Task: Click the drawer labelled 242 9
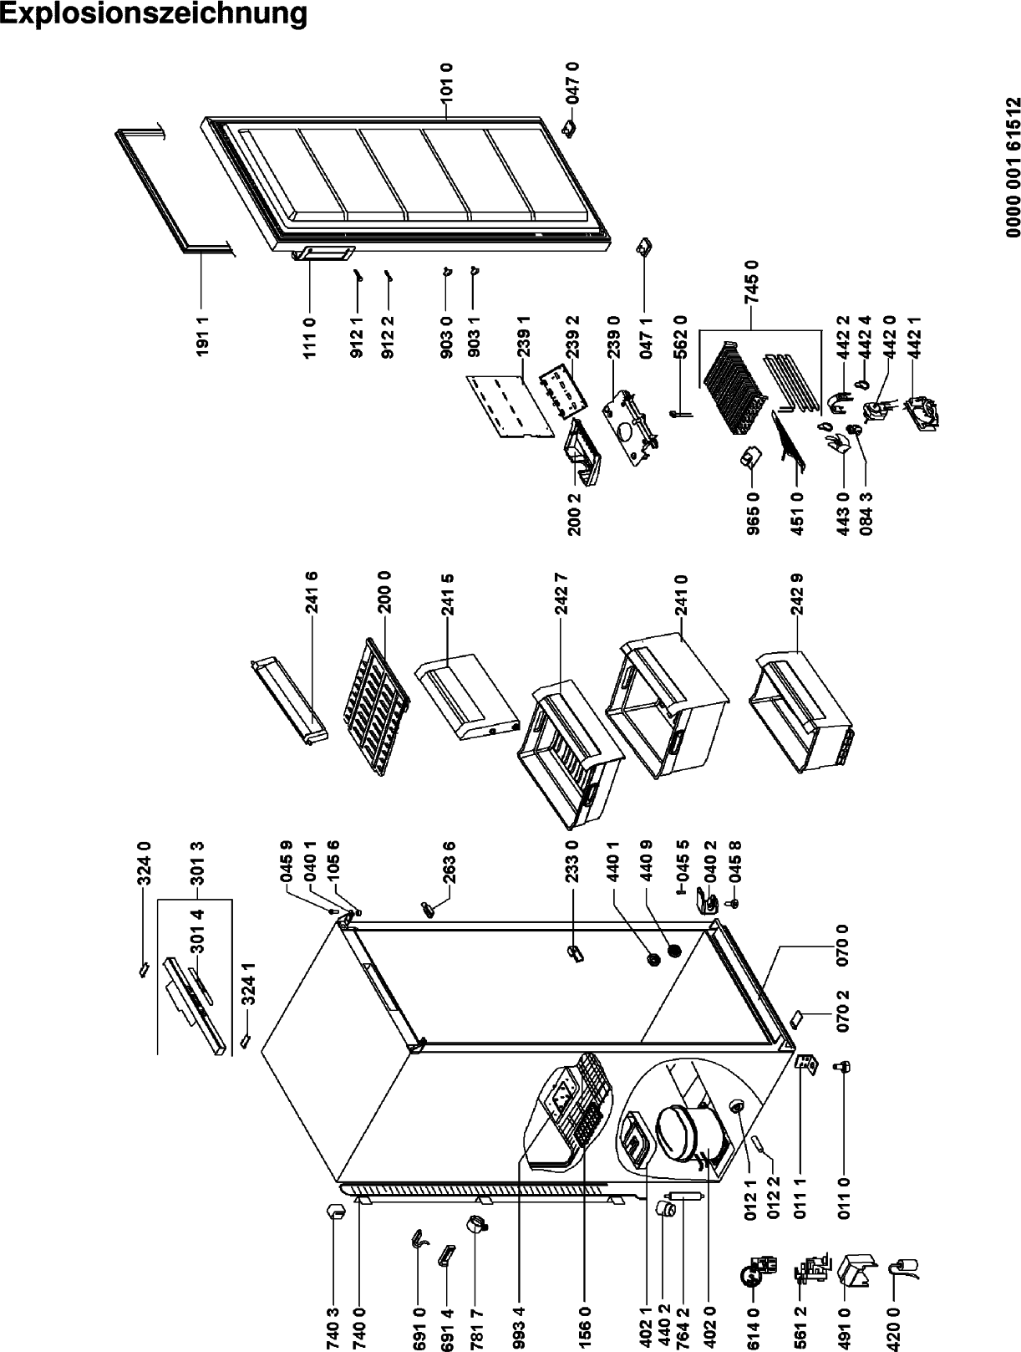pos(802,702)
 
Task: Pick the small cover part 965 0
pos(749,457)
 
